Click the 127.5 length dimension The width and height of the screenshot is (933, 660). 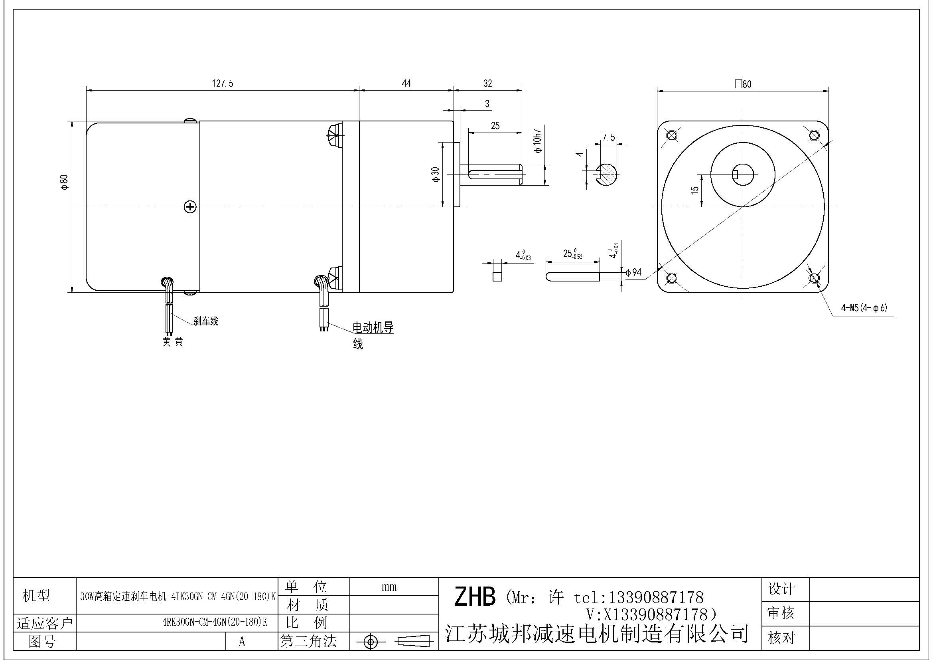[222, 84]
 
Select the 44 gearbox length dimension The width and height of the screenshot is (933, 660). [406, 83]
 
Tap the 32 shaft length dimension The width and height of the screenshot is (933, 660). [487, 83]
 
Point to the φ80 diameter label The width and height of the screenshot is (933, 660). [65, 182]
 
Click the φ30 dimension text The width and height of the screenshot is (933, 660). [436, 174]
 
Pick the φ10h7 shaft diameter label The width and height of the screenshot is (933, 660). [538, 141]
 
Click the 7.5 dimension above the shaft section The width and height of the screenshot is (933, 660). [608, 138]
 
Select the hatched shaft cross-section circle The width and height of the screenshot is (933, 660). [606, 174]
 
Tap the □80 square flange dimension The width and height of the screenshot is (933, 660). [743, 84]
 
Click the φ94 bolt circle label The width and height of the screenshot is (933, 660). [633, 272]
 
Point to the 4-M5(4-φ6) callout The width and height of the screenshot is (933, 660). [864, 308]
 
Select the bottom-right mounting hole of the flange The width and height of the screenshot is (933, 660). [814, 278]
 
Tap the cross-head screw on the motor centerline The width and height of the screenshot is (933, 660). [190, 207]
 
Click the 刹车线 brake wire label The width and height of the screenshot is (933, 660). [205, 321]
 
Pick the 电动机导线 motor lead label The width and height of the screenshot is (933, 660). [373, 328]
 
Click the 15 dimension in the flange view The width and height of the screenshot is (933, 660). [694, 190]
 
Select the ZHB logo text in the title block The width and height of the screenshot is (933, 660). [474, 597]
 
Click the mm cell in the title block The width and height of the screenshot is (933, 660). [389, 587]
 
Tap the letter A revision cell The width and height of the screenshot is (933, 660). [242, 642]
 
